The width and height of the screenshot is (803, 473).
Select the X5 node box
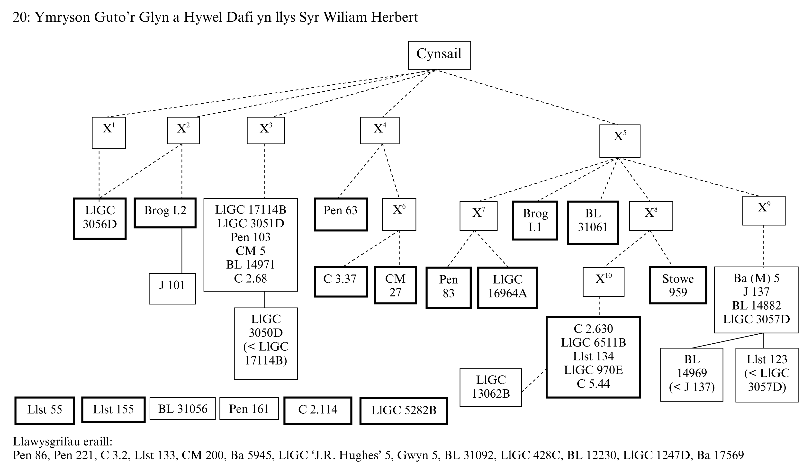(619, 141)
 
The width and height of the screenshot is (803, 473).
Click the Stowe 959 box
(678, 285)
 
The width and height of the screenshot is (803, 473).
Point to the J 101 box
(172, 288)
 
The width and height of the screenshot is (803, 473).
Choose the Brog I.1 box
(535, 220)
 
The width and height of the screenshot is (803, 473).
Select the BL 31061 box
(593, 223)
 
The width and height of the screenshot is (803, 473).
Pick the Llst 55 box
(45, 410)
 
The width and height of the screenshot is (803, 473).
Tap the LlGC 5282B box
(403, 411)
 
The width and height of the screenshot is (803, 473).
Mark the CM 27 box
(395, 285)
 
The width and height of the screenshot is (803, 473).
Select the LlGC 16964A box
(507, 287)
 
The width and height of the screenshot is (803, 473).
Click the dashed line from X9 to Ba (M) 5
(763, 246)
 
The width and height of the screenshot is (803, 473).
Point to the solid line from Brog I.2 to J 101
(182, 250)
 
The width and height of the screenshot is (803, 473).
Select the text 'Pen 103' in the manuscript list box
(250, 237)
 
